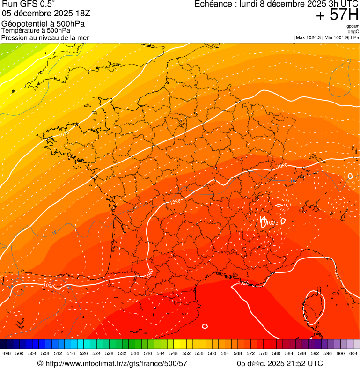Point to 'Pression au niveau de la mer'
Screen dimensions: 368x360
pyautogui.click(x=45, y=37)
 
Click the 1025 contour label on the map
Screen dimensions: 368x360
pyautogui.click(x=273, y=222)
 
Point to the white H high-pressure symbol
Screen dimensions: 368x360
pyautogui.click(x=263, y=221)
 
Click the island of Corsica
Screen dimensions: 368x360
pyautogui.click(x=311, y=307)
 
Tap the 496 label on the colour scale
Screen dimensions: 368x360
pyautogui.click(x=7, y=353)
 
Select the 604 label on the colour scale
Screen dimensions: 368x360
pyautogui.click(x=353, y=353)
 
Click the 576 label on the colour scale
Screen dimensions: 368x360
pyautogui.click(x=263, y=353)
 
